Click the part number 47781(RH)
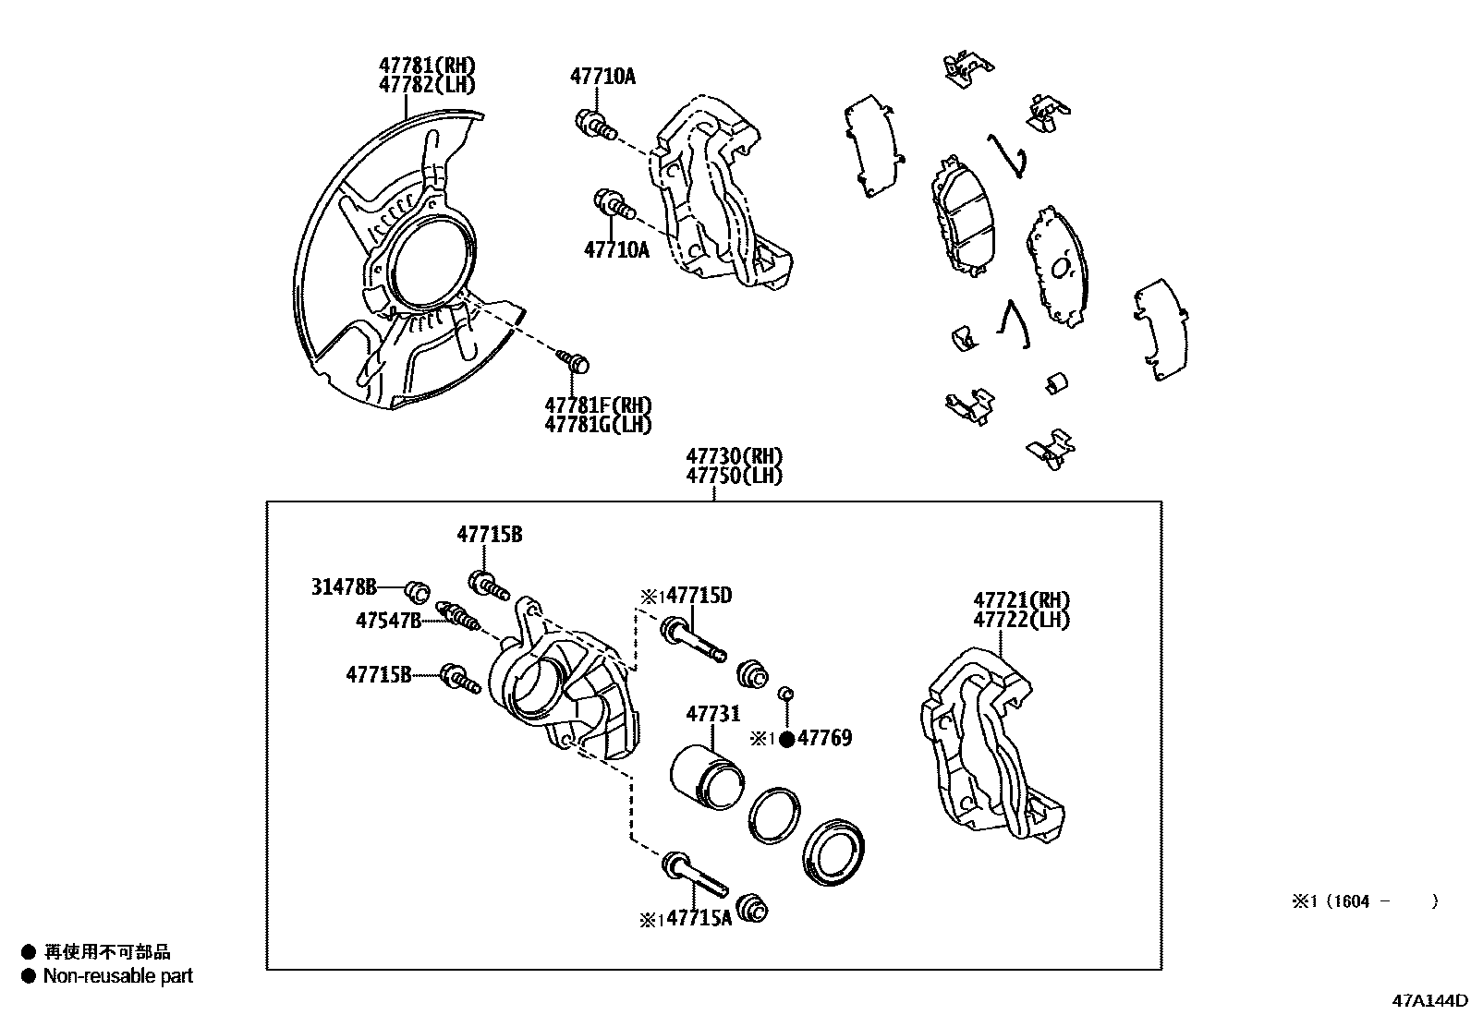[426, 66]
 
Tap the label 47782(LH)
[426, 84]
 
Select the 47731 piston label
[712, 714]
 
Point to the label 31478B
[344, 586]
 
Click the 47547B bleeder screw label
[388, 621]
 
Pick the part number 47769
[824, 738]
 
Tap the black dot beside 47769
[786, 739]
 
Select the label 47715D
[699, 596]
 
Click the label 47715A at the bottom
[699, 918]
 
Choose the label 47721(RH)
[1021, 600]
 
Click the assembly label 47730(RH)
[734, 456]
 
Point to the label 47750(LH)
[734, 476]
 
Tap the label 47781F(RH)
[598, 405]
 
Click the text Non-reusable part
[118, 975]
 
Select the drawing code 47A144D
[1431, 1000]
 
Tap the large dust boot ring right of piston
[835, 851]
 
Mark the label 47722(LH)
[1021, 620]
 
